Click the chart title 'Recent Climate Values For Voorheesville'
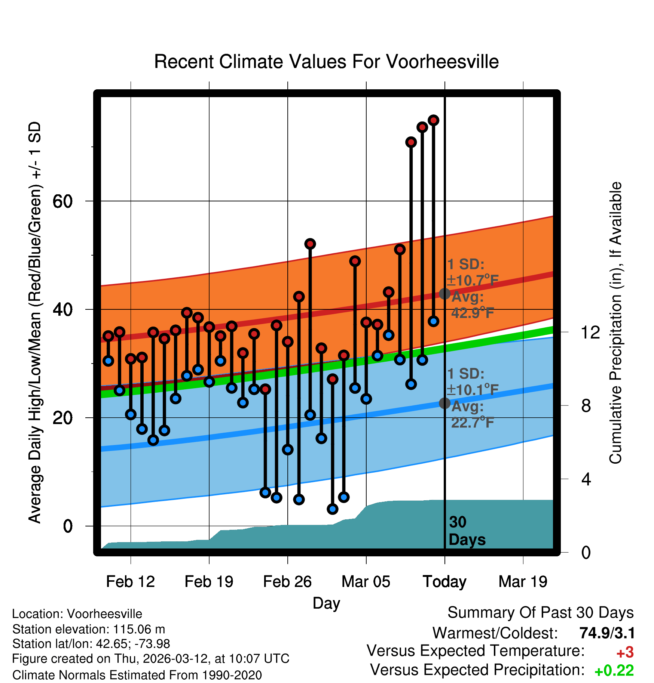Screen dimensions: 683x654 326,62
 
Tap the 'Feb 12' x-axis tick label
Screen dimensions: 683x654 130,582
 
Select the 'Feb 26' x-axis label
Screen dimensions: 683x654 287,582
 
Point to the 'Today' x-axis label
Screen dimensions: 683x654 444,582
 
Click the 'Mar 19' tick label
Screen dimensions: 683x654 523,582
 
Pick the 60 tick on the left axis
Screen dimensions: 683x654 62,202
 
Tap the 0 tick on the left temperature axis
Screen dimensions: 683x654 68,526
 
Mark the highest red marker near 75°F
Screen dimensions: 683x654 433,120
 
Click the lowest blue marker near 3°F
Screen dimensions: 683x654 332,509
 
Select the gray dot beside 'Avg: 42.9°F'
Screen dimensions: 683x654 444,294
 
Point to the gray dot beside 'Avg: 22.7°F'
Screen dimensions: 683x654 444,403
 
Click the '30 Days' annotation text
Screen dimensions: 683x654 467,531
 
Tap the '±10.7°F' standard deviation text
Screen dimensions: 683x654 473,280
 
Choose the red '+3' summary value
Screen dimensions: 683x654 625,653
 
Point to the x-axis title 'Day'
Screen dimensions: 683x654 326,603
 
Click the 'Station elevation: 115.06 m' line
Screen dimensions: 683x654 89,629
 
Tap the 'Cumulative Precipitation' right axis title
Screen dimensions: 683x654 616,323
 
